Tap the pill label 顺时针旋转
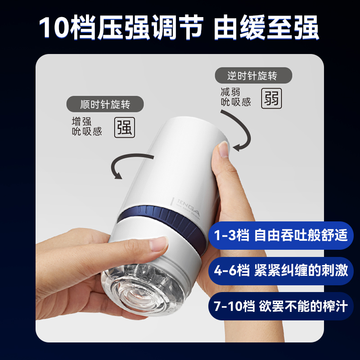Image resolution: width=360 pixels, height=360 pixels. pyautogui.click(x=105, y=104)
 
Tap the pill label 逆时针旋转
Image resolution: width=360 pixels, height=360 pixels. pyautogui.click(x=253, y=76)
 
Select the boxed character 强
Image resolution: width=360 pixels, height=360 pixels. pyautogui.click(x=125, y=127)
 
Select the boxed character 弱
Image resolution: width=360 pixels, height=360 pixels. pyautogui.click(x=272, y=99)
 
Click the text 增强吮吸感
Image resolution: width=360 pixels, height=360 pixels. pyautogui.click(x=87, y=126)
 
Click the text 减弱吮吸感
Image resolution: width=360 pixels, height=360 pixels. pyautogui.click(x=236, y=97)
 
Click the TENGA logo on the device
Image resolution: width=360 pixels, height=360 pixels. pyautogui.click(x=188, y=207)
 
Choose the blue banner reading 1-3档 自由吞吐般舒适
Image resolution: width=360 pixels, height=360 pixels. pyautogui.click(x=281, y=235)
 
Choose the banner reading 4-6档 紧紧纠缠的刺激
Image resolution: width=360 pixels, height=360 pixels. pyautogui.click(x=281, y=271)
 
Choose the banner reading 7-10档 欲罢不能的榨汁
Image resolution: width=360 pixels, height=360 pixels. pyautogui.click(x=281, y=306)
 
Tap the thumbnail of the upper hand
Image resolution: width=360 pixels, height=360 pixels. pyautogui.click(x=223, y=149)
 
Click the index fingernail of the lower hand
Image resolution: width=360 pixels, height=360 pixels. pyautogui.click(x=159, y=244)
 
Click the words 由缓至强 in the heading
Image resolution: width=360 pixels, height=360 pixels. pyautogui.click(x=266, y=27)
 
